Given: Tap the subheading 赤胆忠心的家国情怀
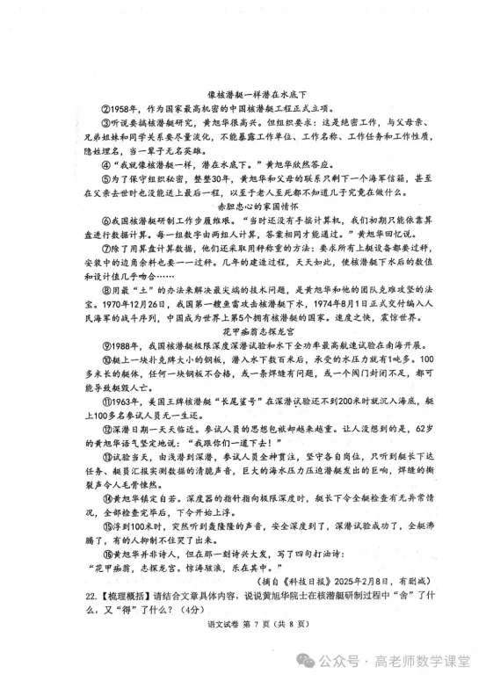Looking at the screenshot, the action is tap(242, 205).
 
